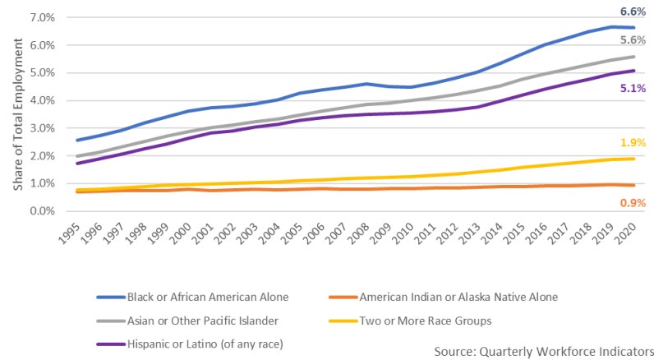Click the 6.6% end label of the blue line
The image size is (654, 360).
click(x=633, y=12)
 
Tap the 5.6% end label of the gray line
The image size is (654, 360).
click(x=633, y=40)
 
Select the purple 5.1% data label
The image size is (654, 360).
click(x=633, y=88)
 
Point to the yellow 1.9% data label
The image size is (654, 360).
click(x=633, y=142)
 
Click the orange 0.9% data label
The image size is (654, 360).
click(x=633, y=202)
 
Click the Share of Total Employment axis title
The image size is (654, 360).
click(x=17, y=114)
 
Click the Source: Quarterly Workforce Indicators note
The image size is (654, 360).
click(x=544, y=350)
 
